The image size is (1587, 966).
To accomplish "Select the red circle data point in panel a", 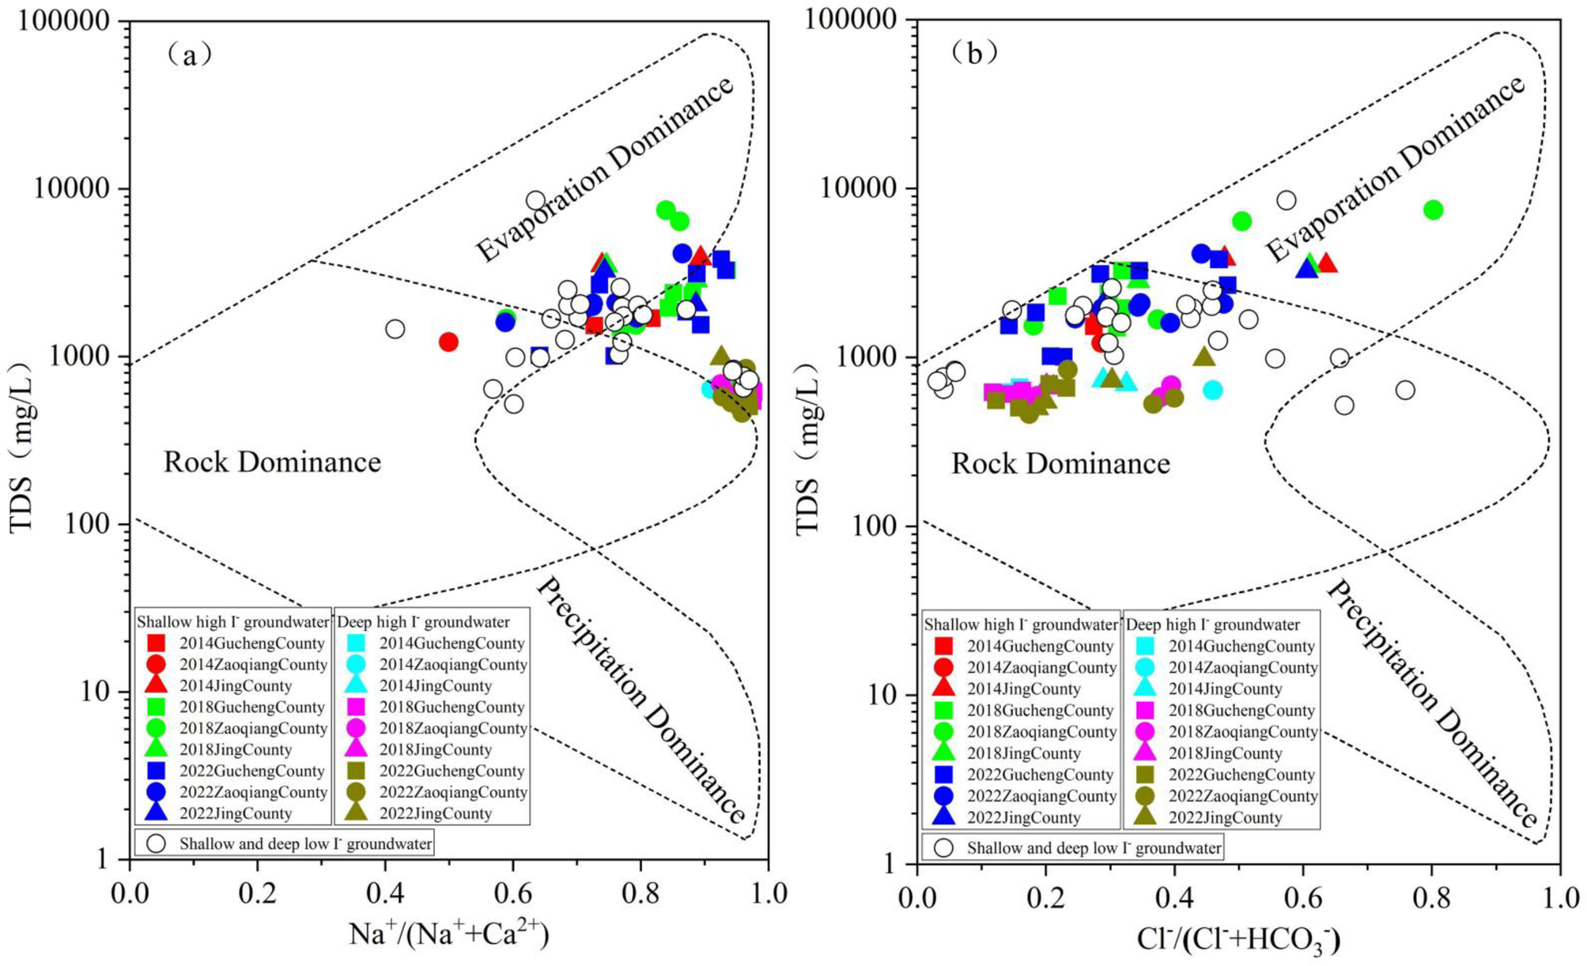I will tap(448, 341).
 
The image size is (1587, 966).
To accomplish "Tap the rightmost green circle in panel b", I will tap(1433, 209).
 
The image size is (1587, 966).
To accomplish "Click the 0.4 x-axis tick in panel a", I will tap(385, 893).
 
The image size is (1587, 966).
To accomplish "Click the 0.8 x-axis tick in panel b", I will tap(1431, 898).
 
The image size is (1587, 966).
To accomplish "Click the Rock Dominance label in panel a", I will tap(272, 462).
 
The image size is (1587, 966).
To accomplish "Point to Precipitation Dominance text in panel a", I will tap(640, 700).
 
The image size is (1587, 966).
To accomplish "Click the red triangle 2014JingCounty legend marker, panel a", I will tap(157, 685).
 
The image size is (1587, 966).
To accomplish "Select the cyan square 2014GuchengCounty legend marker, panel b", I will tap(1145, 646).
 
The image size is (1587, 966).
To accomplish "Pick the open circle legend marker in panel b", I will tap(943, 847).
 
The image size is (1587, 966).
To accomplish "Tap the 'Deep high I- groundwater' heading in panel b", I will tap(1212, 625).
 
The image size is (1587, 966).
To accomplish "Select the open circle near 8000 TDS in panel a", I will tap(536, 201).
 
